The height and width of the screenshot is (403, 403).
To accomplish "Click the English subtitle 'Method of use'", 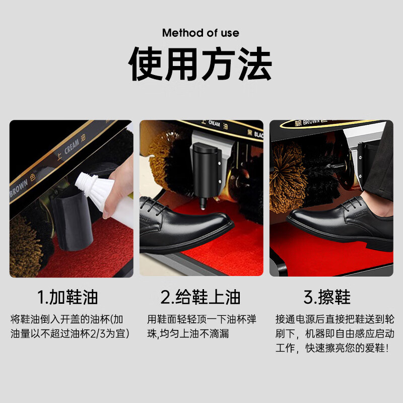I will point(200,33).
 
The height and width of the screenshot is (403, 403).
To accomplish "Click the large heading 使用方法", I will point(201,64).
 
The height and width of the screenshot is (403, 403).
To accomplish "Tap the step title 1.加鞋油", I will point(68,297).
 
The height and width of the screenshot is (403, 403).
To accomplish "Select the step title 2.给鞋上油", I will point(200,297).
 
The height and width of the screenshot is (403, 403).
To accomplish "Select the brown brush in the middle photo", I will point(166,156).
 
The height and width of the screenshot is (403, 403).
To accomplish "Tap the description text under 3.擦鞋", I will point(334,333).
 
